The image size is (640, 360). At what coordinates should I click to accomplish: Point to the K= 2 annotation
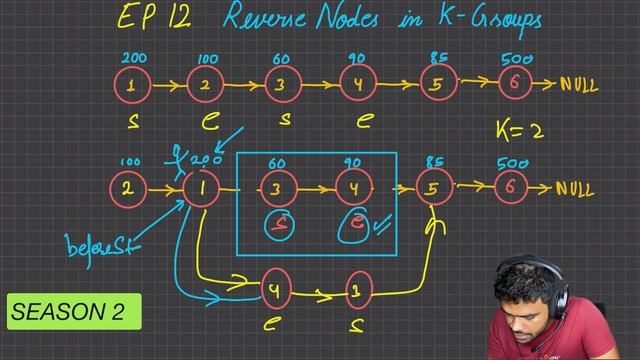(x=521, y=129)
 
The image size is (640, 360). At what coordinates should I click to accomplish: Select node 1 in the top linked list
(x=132, y=85)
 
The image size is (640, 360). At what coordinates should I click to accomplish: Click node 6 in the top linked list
(x=514, y=85)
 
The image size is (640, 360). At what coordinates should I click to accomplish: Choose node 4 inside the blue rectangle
(x=353, y=187)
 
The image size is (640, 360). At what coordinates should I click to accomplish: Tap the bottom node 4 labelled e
(x=275, y=291)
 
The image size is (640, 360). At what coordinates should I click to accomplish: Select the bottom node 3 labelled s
(x=356, y=291)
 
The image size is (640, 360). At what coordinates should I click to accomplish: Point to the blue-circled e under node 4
(x=354, y=225)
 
